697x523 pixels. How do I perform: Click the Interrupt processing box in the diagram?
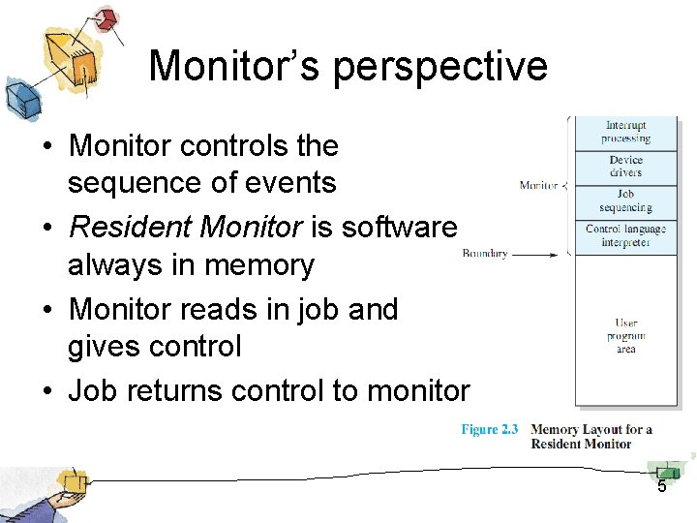click(x=626, y=133)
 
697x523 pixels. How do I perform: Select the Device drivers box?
click(x=626, y=167)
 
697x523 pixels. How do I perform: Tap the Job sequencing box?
click(x=626, y=201)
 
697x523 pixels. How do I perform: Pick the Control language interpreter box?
click(x=626, y=235)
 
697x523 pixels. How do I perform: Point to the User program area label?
click(x=626, y=336)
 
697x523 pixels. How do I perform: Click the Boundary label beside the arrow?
click(x=485, y=254)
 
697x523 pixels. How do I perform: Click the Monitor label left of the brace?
click(x=538, y=185)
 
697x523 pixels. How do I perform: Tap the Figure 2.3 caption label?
click(x=490, y=430)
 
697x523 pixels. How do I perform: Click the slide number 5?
click(x=662, y=486)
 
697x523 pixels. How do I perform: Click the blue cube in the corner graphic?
click(x=21, y=98)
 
